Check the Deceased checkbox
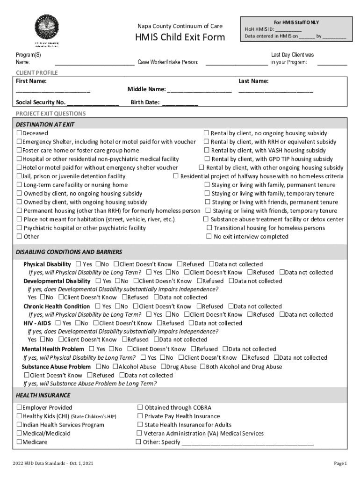[19, 133]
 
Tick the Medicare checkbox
[19, 442]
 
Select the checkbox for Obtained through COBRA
[140, 408]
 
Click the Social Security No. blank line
[93, 103]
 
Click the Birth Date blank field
[180, 103]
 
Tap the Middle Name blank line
[200, 90]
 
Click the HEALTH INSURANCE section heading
[43, 395]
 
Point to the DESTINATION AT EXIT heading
[45, 124]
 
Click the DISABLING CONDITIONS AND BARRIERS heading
[69, 252]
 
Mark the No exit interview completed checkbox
[209, 237]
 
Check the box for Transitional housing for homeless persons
[209, 228]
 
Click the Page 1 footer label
[340, 464]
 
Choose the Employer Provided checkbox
[19, 408]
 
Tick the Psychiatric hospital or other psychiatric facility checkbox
[19, 228]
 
